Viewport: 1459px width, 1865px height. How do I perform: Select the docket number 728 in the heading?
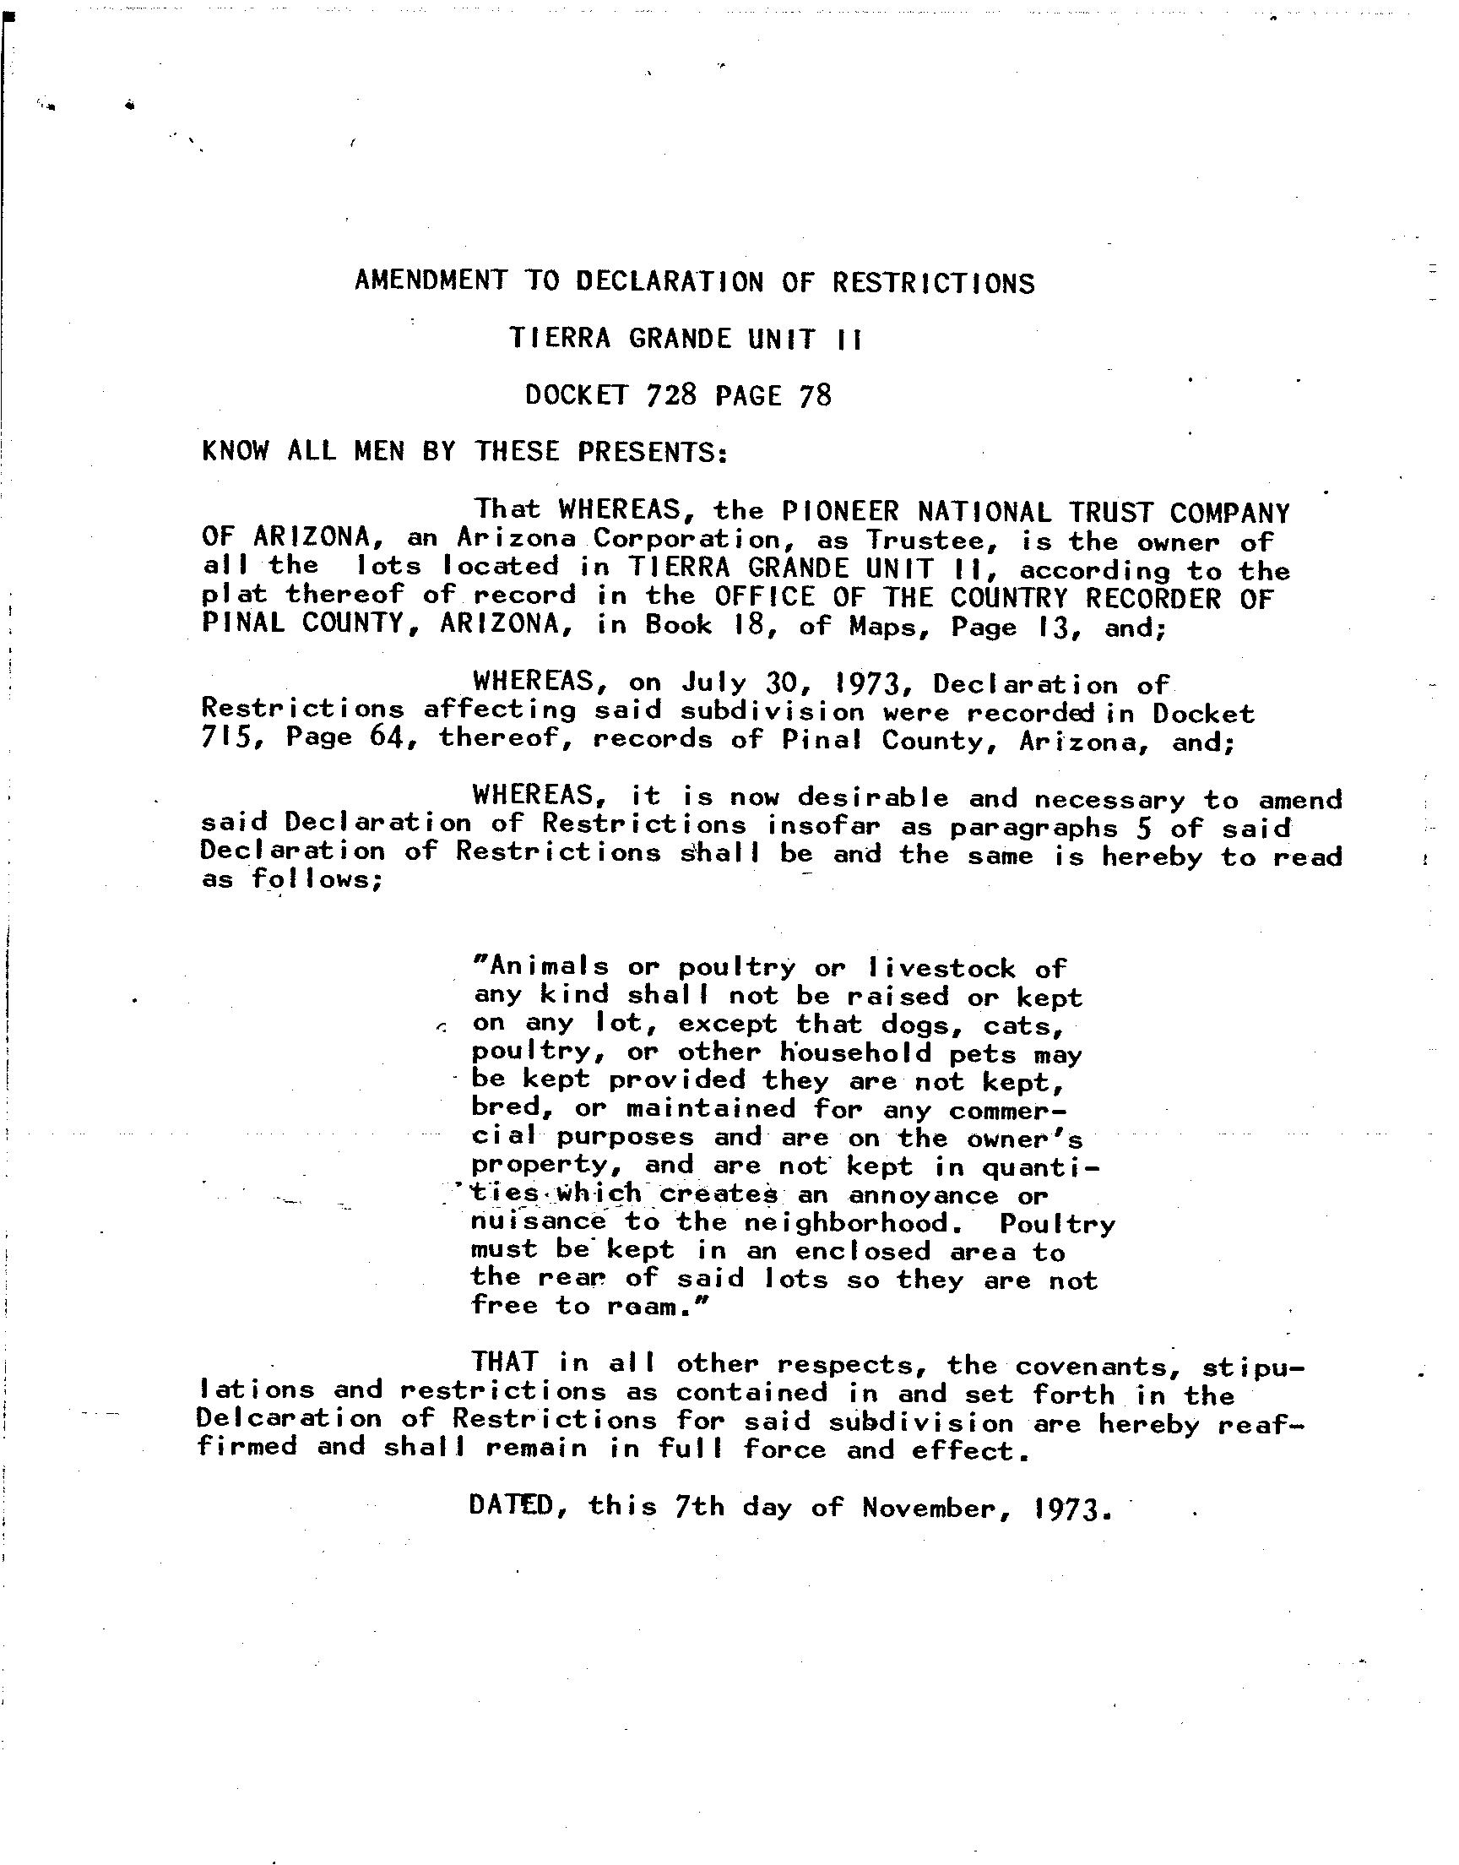pos(672,394)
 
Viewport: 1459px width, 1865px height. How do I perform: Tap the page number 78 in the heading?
pos(815,394)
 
